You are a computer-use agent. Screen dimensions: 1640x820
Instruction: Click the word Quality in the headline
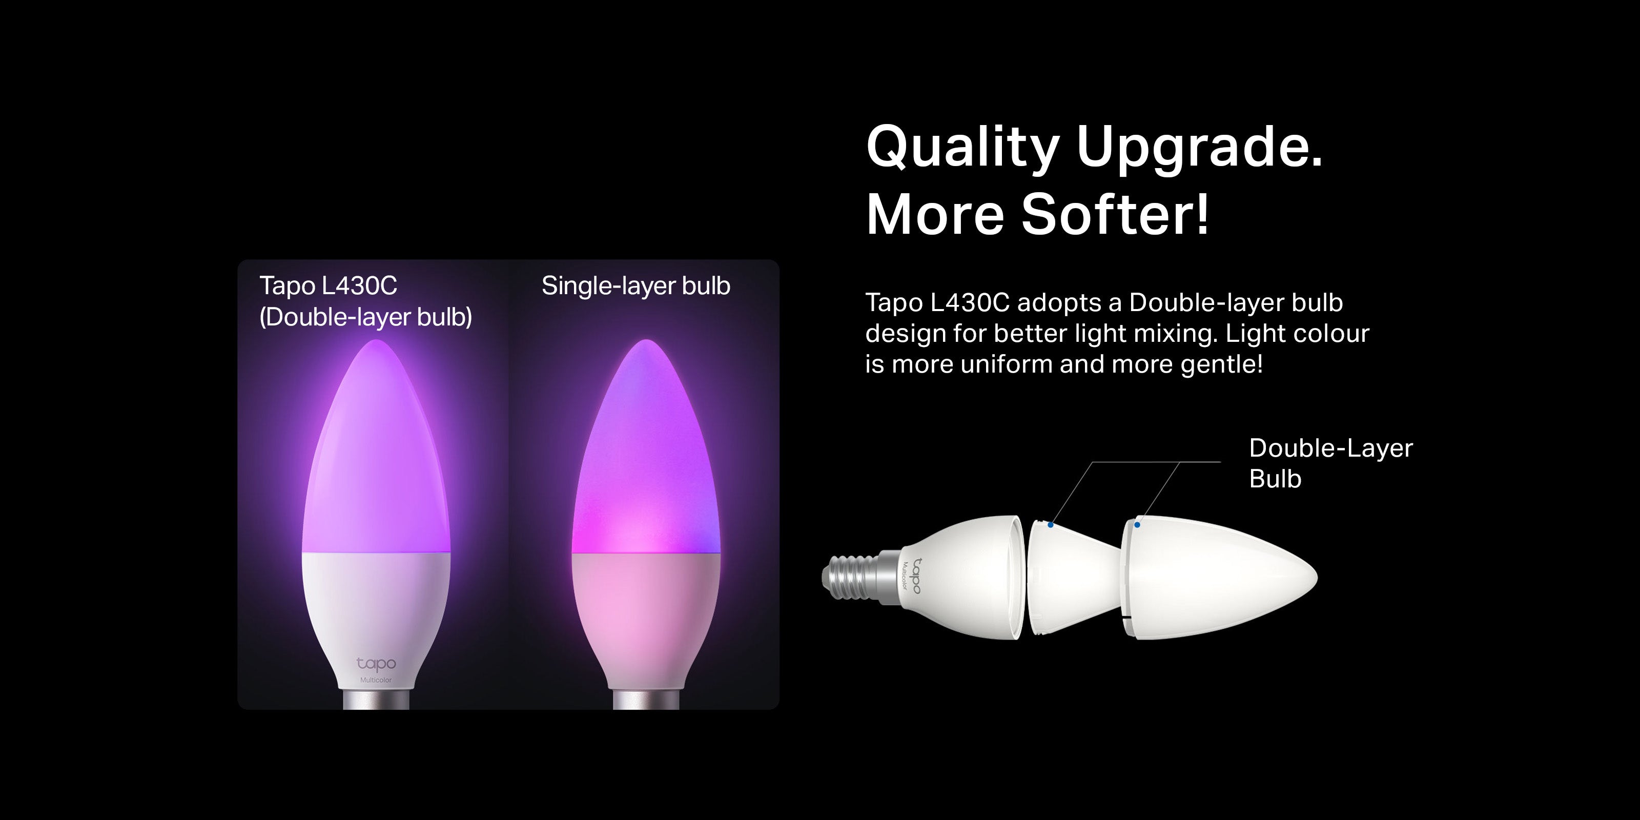point(962,148)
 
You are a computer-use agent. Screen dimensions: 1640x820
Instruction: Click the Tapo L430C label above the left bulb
point(328,286)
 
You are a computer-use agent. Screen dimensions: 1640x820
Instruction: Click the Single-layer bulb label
point(636,286)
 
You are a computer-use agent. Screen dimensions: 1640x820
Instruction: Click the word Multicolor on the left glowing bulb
point(376,681)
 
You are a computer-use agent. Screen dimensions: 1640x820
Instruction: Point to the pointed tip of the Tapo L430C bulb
point(376,341)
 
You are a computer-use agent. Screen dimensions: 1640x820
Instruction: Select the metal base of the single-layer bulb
point(646,699)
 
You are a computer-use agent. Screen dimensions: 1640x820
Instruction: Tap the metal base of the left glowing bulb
point(376,699)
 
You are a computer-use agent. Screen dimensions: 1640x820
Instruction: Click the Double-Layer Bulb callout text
point(1330,463)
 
